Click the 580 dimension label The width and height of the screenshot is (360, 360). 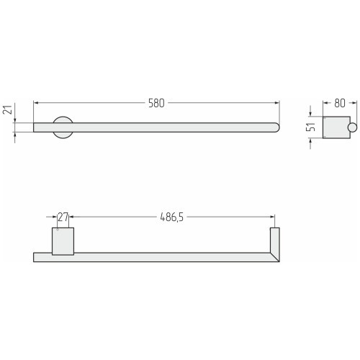pos(156,103)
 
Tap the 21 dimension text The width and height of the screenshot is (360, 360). pos(7,110)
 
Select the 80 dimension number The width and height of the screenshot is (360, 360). pos(340,103)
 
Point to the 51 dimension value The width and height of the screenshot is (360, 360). pos(310,127)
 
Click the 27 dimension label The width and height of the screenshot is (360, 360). pos(63,217)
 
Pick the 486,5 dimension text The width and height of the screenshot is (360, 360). pos(171,217)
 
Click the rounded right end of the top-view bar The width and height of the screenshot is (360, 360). pos(276,127)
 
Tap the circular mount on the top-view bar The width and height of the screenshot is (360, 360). pos(63,127)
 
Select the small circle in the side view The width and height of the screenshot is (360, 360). pos(353,127)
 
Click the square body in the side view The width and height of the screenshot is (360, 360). pos(336,127)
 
